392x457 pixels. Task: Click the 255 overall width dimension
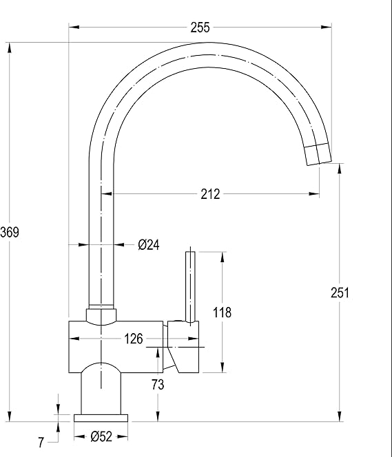(200, 28)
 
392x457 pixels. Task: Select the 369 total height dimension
(10, 233)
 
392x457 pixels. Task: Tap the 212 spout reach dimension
(210, 194)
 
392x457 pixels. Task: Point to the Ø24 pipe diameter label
(149, 245)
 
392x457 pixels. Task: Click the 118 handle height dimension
(222, 312)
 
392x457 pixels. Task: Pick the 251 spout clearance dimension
(340, 293)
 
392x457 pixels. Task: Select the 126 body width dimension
(134, 339)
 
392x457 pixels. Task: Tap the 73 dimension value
(158, 385)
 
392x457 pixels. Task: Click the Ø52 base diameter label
(101, 436)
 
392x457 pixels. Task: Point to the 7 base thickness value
(41, 443)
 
